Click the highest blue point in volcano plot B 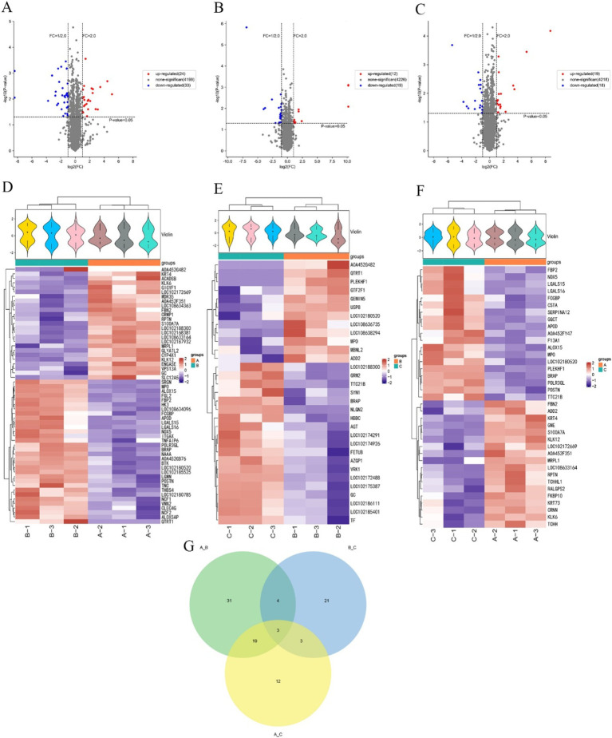click(x=247, y=28)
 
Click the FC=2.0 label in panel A click(x=97, y=35)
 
